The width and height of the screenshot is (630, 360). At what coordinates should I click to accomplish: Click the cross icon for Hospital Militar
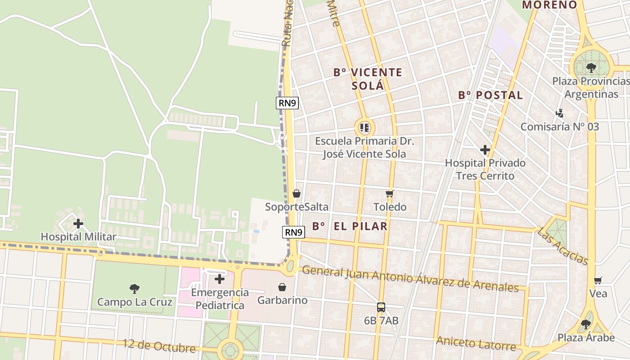pyautogui.click(x=78, y=223)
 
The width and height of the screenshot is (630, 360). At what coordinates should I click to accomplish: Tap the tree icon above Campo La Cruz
pyautogui.click(x=134, y=288)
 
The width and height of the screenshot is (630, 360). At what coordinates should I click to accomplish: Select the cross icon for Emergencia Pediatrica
pyautogui.click(x=220, y=279)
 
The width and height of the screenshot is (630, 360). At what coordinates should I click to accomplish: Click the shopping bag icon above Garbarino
pyautogui.click(x=282, y=287)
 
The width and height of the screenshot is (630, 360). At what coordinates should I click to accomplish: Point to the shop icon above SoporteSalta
pyautogui.click(x=296, y=193)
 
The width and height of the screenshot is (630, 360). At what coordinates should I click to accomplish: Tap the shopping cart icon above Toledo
pyautogui.click(x=390, y=193)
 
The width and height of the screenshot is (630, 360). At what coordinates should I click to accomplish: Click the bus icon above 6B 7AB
pyautogui.click(x=381, y=307)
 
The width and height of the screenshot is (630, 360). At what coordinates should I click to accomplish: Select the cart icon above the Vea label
pyautogui.click(x=598, y=280)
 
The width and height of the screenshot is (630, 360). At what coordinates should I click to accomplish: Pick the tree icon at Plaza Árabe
pyautogui.click(x=585, y=324)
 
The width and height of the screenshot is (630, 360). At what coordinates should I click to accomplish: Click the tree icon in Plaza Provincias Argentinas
pyautogui.click(x=591, y=68)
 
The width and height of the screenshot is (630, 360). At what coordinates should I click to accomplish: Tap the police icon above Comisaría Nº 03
pyautogui.click(x=560, y=113)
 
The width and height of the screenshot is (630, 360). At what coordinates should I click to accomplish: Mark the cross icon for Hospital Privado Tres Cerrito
pyautogui.click(x=485, y=150)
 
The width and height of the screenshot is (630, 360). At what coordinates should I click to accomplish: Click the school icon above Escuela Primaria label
pyautogui.click(x=364, y=128)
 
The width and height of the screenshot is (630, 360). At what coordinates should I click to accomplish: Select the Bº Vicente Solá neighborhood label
pyautogui.click(x=368, y=79)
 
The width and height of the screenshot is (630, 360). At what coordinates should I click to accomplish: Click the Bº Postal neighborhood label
pyautogui.click(x=490, y=95)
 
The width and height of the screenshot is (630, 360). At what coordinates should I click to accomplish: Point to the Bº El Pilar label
pyautogui.click(x=350, y=226)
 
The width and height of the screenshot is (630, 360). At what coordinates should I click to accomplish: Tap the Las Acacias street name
pyautogui.click(x=562, y=246)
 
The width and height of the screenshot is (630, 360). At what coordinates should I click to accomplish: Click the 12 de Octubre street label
pyautogui.click(x=159, y=346)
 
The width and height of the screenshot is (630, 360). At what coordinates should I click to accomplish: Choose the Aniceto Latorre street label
pyautogui.click(x=476, y=343)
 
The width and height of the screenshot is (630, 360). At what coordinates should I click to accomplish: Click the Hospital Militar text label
pyautogui.click(x=78, y=237)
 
